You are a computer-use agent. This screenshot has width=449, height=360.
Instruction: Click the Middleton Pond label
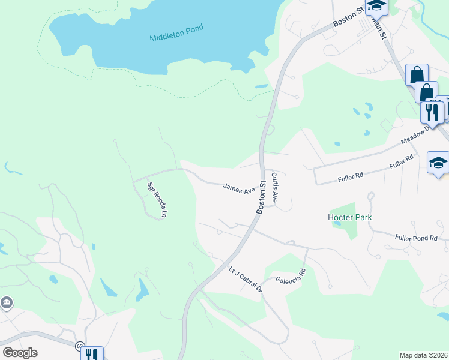point(176,32)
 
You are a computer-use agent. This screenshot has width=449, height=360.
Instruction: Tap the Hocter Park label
point(350,217)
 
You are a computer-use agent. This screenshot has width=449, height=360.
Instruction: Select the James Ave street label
point(239,189)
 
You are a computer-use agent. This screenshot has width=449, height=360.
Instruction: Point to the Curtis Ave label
point(275,187)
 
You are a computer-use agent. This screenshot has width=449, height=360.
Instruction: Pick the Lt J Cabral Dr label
point(246,279)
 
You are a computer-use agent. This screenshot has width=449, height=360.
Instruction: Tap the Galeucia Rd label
point(291,275)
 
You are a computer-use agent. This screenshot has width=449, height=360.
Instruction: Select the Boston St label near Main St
point(349,16)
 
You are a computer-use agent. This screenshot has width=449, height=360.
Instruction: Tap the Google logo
point(20,353)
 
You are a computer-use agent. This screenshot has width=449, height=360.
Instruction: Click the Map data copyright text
point(423,355)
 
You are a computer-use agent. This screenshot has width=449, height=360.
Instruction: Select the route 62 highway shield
point(79,347)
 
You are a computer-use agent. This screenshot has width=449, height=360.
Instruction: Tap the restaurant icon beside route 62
point(92,354)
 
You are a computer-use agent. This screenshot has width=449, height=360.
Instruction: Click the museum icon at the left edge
point(7,302)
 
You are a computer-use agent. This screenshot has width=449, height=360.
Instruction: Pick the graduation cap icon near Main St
point(376,6)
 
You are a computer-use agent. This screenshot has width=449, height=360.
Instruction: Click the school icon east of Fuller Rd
point(438,163)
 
